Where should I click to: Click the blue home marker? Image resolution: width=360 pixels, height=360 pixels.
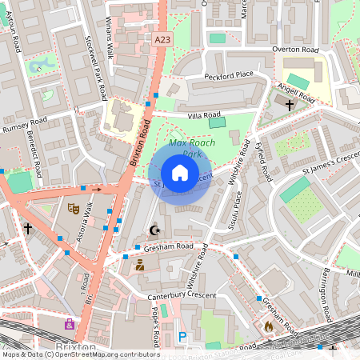point(180,173)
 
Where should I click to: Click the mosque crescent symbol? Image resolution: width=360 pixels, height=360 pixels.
point(154,230)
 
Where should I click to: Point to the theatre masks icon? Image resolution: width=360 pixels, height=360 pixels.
point(74,209)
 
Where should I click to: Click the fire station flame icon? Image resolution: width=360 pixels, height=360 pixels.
point(269,326)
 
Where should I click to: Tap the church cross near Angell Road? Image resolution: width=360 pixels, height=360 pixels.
point(289,104)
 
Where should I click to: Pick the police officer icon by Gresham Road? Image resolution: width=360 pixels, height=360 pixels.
point(140,265)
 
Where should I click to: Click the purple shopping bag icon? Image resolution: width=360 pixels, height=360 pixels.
point(70,325)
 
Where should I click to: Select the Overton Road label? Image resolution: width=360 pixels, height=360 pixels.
point(295,50)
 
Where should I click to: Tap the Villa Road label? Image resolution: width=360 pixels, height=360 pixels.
point(203,115)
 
